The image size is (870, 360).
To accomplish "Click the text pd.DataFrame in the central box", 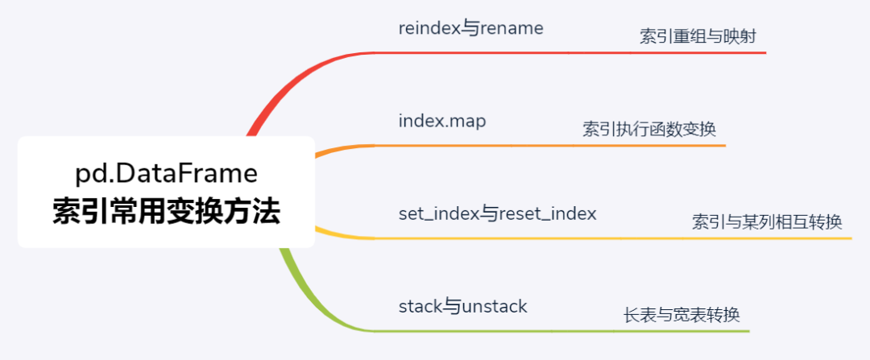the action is coord(167,174).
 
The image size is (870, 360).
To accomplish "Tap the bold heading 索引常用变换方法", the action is coord(167,212).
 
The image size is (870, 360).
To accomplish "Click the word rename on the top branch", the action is coord(511,29).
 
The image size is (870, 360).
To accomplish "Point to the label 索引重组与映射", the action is coord(698,36).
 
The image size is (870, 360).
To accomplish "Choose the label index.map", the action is coord(442,122).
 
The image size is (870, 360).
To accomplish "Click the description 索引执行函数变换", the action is coord(649,129).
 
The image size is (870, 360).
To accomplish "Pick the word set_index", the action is coord(438,214).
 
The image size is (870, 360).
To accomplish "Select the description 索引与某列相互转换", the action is coord(767,222).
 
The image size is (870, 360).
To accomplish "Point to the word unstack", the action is coord(494,306).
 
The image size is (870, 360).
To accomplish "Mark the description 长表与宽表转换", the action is coord(682,315).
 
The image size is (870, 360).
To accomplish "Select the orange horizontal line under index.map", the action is coord(550,146).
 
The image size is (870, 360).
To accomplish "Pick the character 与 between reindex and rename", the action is coord(470,29).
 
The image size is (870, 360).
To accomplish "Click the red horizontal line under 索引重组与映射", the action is coord(570,52).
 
